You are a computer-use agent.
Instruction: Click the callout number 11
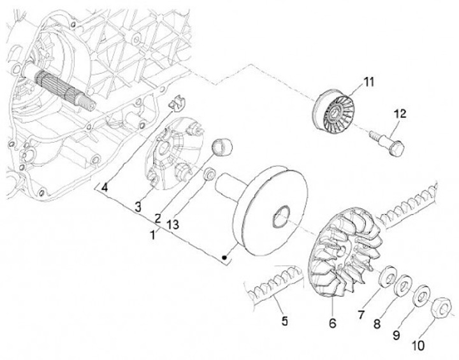[370, 82]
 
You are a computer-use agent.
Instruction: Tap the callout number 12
[399, 114]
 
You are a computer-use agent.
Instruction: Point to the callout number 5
[284, 320]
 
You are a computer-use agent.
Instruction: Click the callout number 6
[331, 324]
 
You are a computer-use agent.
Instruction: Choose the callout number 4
[104, 188]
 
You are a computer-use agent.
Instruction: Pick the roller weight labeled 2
[221, 146]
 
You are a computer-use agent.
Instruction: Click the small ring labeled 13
[208, 173]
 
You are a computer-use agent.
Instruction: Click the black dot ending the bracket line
[224, 257]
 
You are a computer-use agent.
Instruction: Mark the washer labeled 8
[404, 287]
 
